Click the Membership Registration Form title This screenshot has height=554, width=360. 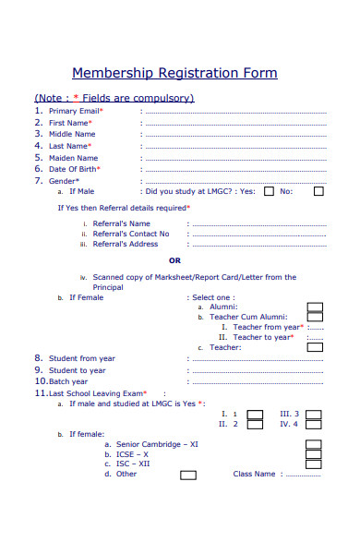(174, 74)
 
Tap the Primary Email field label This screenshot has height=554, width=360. (75, 111)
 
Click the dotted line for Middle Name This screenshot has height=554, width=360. (235, 135)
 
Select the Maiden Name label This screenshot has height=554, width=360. (73, 158)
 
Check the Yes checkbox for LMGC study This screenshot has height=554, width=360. (269, 192)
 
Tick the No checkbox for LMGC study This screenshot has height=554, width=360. (318, 192)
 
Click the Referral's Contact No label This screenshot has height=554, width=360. (131, 234)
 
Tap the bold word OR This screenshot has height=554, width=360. (174, 260)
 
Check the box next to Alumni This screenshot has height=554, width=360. (314, 307)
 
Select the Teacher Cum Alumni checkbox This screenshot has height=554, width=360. (314, 318)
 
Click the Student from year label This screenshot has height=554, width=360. (82, 358)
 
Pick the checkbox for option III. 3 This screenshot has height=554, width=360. (314, 415)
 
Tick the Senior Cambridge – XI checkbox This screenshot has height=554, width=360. (314, 444)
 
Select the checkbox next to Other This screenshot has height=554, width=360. (187, 476)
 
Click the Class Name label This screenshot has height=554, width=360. (254, 475)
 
